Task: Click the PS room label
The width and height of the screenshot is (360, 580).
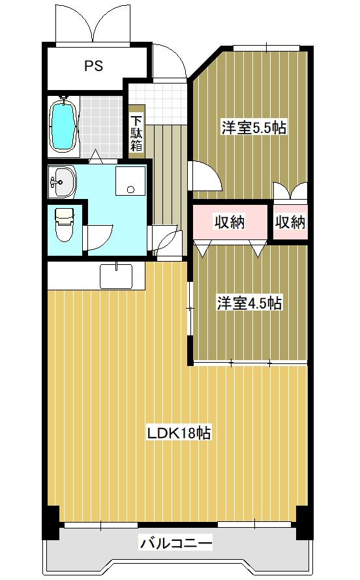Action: [x=93, y=66]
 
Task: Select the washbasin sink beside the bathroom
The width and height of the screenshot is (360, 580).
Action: [x=62, y=181]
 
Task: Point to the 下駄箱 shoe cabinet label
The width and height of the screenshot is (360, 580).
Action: [x=136, y=134]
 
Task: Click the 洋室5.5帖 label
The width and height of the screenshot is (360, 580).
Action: [x=254, y=128]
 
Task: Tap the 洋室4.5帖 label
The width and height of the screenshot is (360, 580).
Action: [x=250, y=303]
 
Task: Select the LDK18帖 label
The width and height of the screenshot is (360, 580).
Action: [x=179, y=433]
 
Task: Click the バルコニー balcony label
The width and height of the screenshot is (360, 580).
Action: [x=176, y=543]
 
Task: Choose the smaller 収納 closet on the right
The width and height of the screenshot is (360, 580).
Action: [x=290, y=222]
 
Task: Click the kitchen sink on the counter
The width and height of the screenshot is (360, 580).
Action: [x=116, y=276]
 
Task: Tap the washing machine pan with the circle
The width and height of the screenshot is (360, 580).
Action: [x=130, y=181]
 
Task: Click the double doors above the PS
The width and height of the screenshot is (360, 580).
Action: [x=93, y=23]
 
